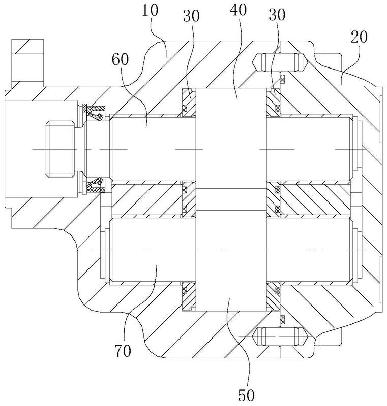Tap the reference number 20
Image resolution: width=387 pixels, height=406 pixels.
tap(359, 37)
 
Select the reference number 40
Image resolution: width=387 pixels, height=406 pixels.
tap(239, 10)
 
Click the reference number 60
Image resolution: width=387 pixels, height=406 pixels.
tap(121, 59)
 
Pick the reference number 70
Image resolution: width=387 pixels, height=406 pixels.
tap(123, 351)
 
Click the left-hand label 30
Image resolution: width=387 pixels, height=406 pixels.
tap(191, 16)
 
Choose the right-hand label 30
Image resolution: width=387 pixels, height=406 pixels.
tap(277, 15)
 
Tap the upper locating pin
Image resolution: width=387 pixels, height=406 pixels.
tap(280, 62)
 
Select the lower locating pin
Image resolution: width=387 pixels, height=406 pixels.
tap(280, 336)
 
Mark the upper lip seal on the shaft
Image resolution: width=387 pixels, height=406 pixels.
tap(95, 112)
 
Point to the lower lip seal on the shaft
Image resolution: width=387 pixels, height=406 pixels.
tap(95, 185)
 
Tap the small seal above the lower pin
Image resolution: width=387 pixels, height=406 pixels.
tap(282, 319)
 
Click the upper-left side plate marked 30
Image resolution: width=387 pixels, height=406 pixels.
tap(189, 103)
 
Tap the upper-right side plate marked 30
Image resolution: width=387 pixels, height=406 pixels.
tap(274, 103)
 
